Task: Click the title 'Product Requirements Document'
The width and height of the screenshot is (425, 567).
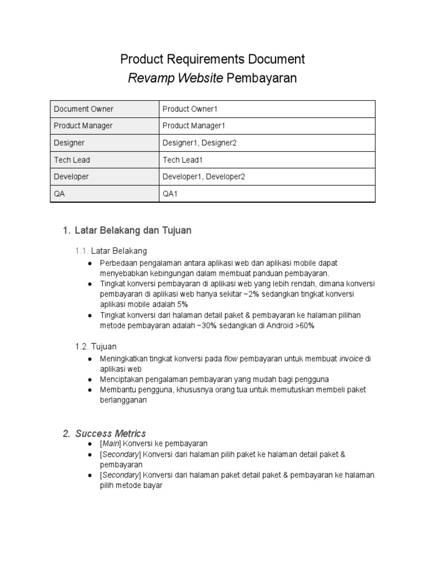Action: pyautogui.click(x=212, y=59)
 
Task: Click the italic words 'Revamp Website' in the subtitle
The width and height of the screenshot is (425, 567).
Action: pyautogui.click(x=175, y=78)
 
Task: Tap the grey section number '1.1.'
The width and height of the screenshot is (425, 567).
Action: pyautogui.click(x=82, y=251)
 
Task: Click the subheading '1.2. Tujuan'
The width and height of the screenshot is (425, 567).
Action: pyautogui.click(x=96, y=346)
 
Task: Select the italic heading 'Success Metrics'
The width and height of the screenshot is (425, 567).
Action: pyautogui.click(x=111, y=433)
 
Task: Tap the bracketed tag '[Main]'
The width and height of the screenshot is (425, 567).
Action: pyautogui.click(x=110, y=444)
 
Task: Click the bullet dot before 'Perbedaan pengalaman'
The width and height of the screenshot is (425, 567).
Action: pyautogui.click(x=90, y=263)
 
